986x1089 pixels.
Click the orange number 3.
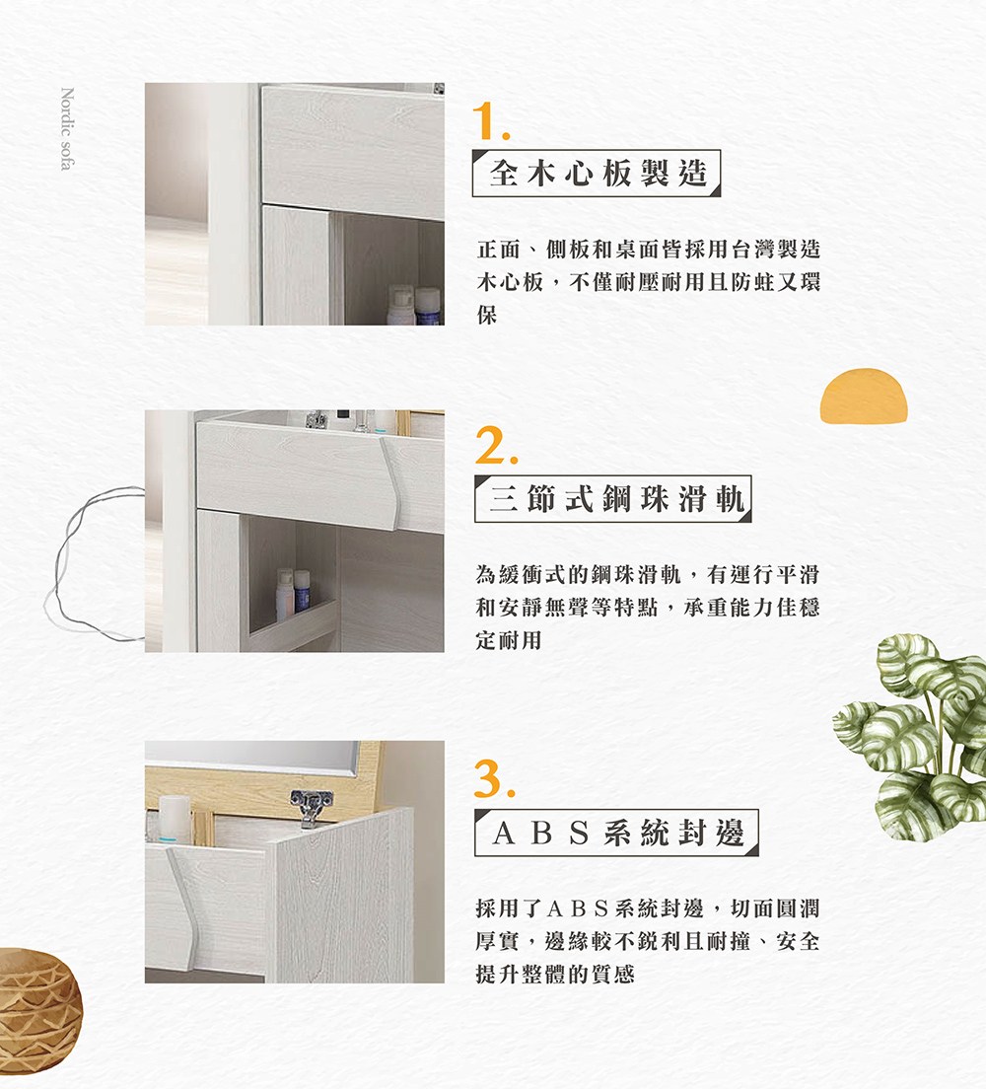pyautogui.click(x=492, y=780)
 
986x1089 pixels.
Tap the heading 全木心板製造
pyautogui.click(x=598, y=174)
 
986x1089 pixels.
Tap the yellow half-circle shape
pyautogui.click(x=864, y=397)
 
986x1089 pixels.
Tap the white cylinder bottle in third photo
pyautogui.click(x=175, y=818)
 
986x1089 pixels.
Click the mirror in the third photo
pyautogui.click(x=251, y=761)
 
